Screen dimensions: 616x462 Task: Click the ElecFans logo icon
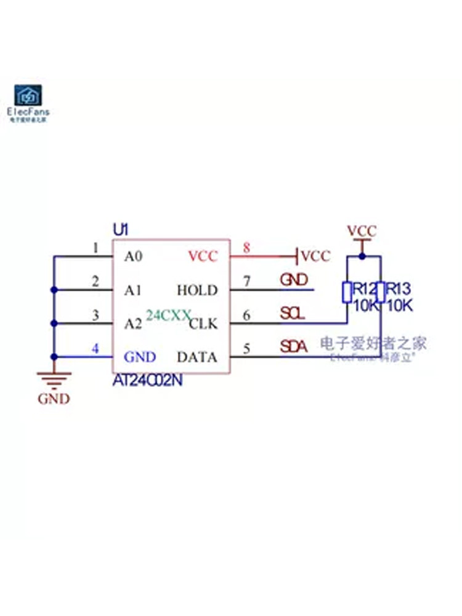coord(28,95)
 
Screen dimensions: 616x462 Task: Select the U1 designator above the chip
coord(120,230)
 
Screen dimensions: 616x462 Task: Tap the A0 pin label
coord(133,256)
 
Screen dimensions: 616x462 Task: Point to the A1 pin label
coord(133,290)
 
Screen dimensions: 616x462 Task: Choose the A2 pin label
coord(133,323)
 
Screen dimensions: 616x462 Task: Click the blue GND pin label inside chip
coord(140,357)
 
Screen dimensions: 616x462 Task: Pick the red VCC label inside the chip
coord(203,256)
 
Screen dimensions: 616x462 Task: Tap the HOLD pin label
coord(197,290)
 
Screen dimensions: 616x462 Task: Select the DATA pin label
coord(197,357)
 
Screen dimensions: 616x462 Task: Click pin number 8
coord(246,248)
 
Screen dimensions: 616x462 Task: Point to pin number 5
coord(246,349)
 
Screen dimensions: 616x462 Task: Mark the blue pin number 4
coord(95,349)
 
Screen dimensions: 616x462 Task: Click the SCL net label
coord(293,314)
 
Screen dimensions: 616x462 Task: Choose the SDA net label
coord(294,347)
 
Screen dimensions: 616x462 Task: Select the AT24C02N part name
coord(147,381)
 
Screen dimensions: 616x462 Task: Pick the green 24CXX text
coord(168,315)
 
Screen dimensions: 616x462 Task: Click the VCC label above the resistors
coord(362,232)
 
